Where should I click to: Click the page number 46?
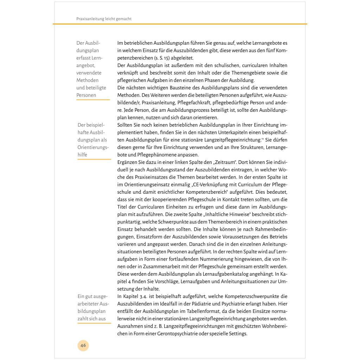pos(83,345)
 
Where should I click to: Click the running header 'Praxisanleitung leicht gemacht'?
pos(104,19)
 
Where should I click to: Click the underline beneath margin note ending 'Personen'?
pos(93,100)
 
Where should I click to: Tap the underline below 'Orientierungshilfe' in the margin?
pos(94,160)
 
